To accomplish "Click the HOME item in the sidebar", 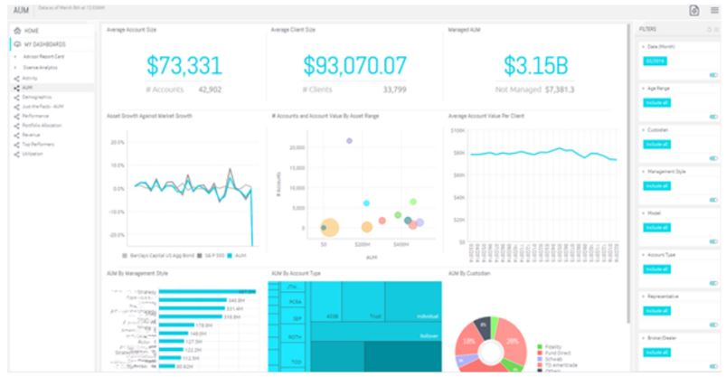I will (x=32, y=31).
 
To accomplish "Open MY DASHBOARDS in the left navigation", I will (x=44, y=43).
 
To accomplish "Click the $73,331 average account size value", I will (x=184, y=66).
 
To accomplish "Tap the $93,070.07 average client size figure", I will (x=354, y=66).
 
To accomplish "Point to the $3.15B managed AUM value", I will (x=535, y=66).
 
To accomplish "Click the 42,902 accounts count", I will (x=209, y=90).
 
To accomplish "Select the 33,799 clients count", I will (x=394, y=90).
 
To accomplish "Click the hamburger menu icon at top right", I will (x=714, y=10).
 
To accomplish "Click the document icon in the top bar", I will (x=693, y=10).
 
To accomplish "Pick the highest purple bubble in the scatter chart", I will (x=349, y=140).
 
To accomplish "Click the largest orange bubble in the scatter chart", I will (x=329, y=227).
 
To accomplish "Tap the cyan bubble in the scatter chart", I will (x=366, y=203).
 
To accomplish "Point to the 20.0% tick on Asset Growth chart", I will (x=116, y=143).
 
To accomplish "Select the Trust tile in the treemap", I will (x=372, y=316).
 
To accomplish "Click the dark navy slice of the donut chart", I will (x=485, y=326).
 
